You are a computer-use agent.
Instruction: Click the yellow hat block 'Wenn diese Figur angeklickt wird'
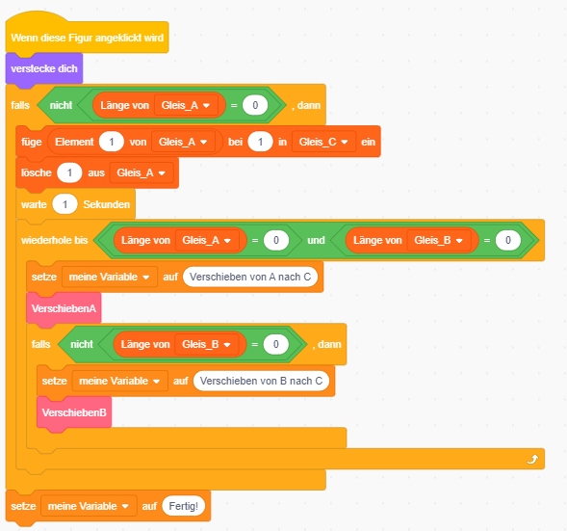click(87, 38)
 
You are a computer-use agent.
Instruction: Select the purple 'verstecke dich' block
click(44, 68)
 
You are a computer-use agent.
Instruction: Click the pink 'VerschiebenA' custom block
click(64, 308)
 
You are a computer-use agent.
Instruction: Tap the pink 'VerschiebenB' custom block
click(74, 412)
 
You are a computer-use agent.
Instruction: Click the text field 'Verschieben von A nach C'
click(250, 277)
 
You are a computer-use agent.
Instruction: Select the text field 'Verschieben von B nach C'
click(261, 381)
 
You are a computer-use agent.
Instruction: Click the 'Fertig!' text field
click(184, 506)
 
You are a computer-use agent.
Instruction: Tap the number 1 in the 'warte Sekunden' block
click(64, 204)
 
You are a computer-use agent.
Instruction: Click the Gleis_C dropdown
click(323, 142)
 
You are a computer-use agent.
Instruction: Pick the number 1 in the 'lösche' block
click(69, 173)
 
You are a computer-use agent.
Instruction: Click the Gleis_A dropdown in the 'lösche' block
click(142, 173)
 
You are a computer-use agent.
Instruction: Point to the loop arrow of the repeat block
click(532, 459)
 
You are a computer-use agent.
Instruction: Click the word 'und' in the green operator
click(316, 240)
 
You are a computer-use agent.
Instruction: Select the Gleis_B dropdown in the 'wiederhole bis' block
click(439, 240)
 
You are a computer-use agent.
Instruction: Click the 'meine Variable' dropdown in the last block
click(89, 506)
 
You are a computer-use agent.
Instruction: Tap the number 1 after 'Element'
click(112, 142)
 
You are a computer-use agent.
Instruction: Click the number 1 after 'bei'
click(260, 142)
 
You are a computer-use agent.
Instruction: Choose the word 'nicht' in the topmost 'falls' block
click(61, 105)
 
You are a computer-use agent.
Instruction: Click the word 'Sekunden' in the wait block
click(107, 204)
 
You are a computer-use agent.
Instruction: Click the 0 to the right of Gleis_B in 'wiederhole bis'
click(508, 240)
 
